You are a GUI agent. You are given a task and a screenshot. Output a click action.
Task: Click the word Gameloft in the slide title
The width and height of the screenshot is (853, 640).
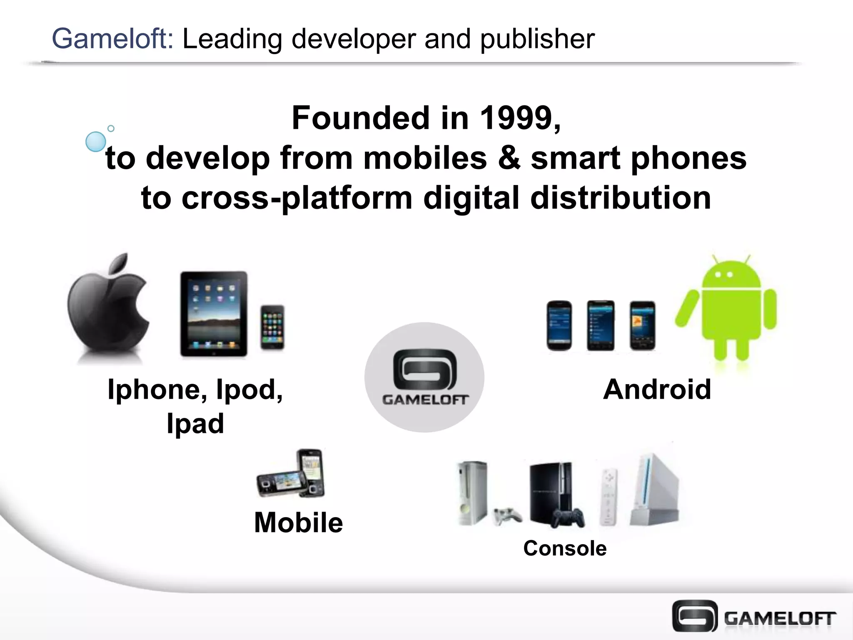click(x=112, y=39)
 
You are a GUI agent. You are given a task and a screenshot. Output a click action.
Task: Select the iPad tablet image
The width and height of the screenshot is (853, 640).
click(x=214, y=313)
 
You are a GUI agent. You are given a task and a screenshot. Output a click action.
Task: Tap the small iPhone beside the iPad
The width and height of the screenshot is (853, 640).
click(x=272, y=327)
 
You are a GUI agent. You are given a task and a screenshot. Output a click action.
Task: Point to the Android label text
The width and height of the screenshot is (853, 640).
click(x=657, y=390)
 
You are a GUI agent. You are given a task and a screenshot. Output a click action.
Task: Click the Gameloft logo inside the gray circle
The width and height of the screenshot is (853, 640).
click(x=425, y=377)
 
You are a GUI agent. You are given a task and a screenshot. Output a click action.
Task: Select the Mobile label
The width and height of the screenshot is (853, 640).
click(x=299, y=522)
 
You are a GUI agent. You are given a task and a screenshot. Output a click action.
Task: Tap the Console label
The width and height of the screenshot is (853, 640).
click(x=565, y=548)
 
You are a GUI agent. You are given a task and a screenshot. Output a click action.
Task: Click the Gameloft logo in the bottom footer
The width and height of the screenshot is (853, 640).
click(x=754, y=616)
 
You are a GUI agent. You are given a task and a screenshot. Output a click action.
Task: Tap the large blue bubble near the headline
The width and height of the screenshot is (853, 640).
click(x=96, y=142)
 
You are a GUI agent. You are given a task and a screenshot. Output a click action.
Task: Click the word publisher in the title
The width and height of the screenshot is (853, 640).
click(x=537, y=39)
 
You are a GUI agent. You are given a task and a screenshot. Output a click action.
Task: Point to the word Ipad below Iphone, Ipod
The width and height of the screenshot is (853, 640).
click(x=195, y=424)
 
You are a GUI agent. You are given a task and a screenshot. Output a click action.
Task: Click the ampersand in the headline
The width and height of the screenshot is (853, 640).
click(x=509, y=158)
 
